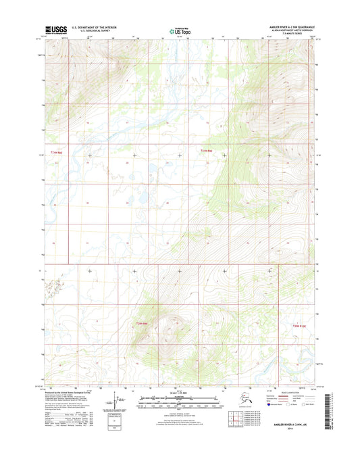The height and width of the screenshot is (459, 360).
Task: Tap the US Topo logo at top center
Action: (179, 30)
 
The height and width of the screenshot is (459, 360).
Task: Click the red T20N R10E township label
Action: (300, 327)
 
